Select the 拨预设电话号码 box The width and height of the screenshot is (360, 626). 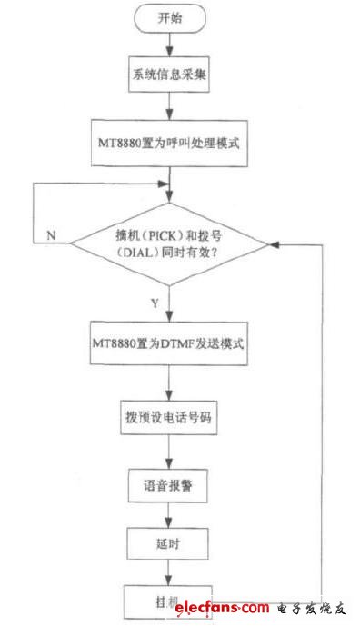[169, 421]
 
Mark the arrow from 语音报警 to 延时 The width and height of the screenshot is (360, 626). [169, 516]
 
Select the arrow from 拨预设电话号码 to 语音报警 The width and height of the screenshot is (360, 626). [169, 454]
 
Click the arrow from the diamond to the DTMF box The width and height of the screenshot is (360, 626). [170, 305]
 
